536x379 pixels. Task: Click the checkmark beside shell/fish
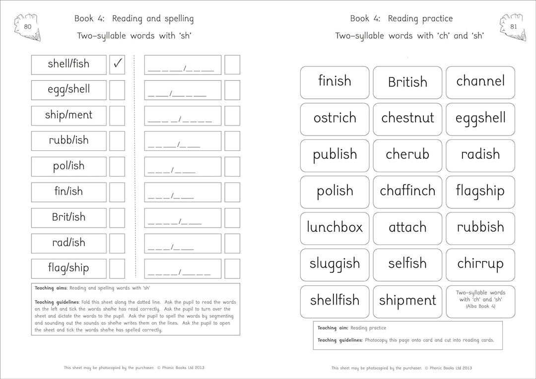[117, 64]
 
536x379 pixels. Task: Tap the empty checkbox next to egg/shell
[117, 90]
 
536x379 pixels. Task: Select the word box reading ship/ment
[68, 115]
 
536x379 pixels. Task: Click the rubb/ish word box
[68, 141]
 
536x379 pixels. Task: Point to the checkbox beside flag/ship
[117, 268]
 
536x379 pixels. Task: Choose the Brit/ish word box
[68, 217]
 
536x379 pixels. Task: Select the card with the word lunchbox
[335, 228]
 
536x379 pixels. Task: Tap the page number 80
[28, 26]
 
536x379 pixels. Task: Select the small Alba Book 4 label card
[480, 300]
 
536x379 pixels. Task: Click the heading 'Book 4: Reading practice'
[401, 19]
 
